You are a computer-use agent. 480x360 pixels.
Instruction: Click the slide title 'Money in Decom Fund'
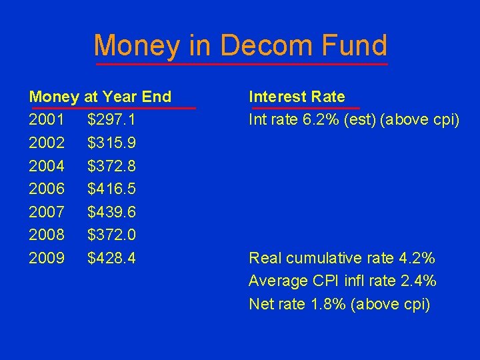click(240, 45)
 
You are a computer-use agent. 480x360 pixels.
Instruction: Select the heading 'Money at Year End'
click(100, 97)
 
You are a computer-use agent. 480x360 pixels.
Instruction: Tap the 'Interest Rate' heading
click(297, 97)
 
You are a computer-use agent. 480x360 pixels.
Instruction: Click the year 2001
click(47, 120)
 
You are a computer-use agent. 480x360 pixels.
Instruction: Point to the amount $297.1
click(111, 120)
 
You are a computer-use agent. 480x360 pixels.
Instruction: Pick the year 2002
click(47, 143)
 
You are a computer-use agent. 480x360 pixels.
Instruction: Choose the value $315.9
click(111, 143)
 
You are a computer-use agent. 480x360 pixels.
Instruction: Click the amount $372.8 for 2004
click(111, 166)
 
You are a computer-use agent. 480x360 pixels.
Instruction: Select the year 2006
click(47, 189)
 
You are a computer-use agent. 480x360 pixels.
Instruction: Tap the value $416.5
click(111, 189)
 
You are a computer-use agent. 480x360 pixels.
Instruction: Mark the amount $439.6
click(111, 212)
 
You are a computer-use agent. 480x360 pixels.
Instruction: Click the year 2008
click(47, 235)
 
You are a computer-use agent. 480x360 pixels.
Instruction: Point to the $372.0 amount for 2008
click(111, 235)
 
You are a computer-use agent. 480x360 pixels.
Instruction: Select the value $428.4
click(111, 258)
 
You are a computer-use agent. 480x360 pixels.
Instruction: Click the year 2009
click(47, 258)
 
